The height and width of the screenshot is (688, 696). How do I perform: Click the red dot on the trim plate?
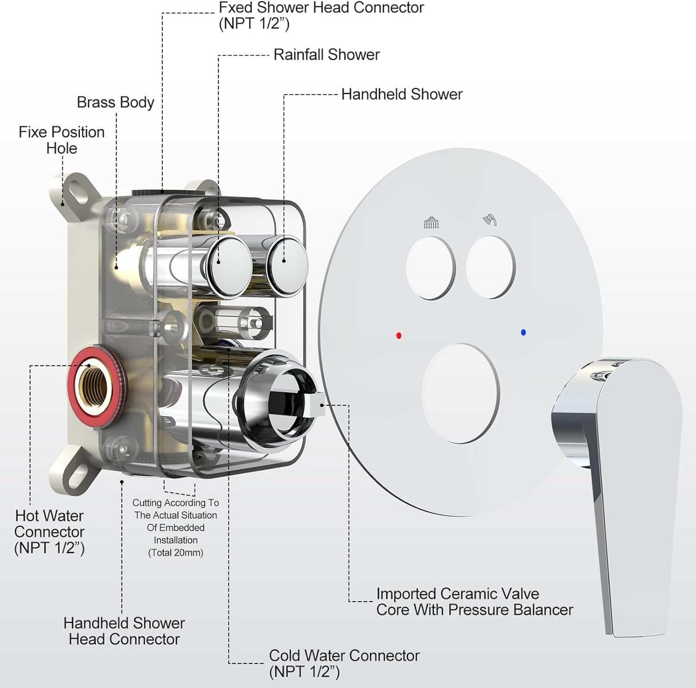tap(399, 335)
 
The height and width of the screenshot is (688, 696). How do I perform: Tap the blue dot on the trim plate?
tap(523, 332)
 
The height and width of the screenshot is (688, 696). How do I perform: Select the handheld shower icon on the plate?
tap(490, 219)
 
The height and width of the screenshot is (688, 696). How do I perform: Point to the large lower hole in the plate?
tap(460, 393)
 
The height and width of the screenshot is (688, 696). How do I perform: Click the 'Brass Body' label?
tap(115, 102)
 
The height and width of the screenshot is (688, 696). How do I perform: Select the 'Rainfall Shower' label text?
tap(326, 55)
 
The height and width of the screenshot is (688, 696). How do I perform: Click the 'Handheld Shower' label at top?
tap(401, 94)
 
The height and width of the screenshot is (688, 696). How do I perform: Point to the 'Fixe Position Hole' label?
tap(61, 140)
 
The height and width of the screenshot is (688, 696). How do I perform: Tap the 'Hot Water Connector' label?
tap(49, 532)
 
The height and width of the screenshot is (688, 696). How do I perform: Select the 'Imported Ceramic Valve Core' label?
tap(474, 601)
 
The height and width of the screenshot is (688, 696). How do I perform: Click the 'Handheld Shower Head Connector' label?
tap(124, 631)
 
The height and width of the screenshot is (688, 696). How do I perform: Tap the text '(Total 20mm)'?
tap(175, 553)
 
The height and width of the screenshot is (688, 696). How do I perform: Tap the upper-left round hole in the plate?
tap(431, 268)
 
